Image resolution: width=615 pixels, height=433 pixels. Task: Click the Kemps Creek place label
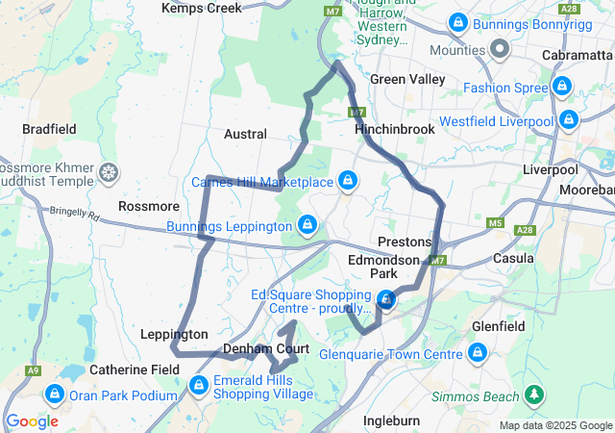202,8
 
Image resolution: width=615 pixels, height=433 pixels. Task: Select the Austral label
245,135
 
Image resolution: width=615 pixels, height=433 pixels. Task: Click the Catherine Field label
130,369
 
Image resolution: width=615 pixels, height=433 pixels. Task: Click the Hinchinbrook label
394,128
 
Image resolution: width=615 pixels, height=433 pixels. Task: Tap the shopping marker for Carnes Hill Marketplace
347,180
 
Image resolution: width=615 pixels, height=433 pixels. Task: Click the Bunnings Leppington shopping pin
307,225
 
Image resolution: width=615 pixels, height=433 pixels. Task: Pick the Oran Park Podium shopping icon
55,395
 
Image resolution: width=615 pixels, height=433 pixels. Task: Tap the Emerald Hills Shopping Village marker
199,386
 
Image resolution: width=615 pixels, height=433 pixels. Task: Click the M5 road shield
495,223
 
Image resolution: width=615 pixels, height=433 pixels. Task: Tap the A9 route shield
34,370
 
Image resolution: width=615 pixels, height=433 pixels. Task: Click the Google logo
32,421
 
